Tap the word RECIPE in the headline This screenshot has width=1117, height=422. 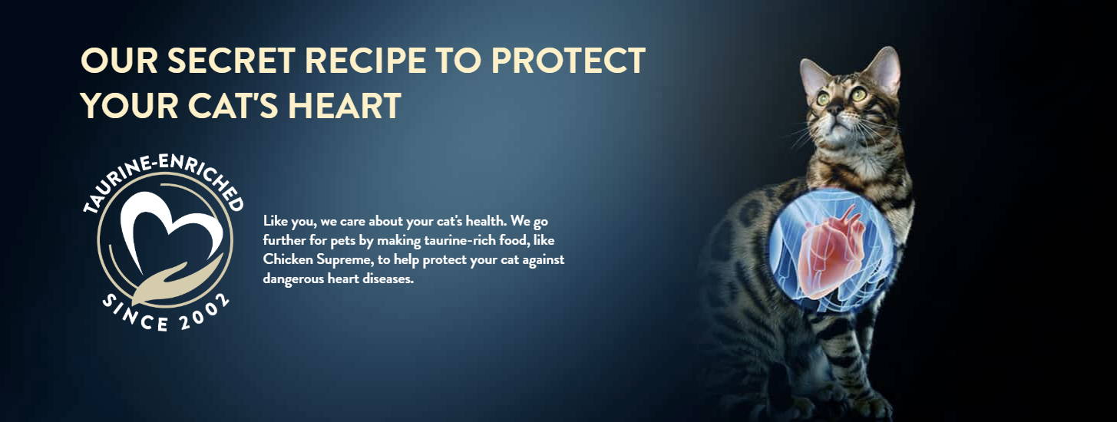pyautogui.click(x=365, y=61)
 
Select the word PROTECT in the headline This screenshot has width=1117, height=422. pyautogui.click(x=568, y=61)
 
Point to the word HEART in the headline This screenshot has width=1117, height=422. pyautogui.click(x=345, y=105)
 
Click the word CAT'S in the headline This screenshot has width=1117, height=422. pyautogui.click(x=233, y=105)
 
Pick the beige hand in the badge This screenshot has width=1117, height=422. pyautogui.click(x=174, y=284)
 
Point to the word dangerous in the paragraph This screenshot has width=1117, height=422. pyautogui.click(x=293, y=279)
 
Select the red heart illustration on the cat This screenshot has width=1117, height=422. pyautogui.click(x=831, y=254)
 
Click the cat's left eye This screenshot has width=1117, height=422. pyautogui.click(x=823, y=98)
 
